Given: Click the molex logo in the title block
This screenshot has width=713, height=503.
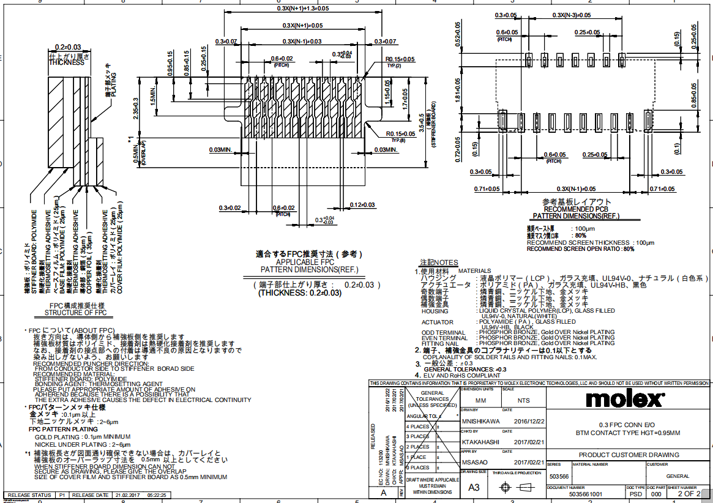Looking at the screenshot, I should [x=625, y=400].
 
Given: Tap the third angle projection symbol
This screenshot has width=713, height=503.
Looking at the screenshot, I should [x=515, y=488].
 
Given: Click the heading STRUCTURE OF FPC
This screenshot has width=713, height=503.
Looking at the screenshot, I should [x=76, y=313].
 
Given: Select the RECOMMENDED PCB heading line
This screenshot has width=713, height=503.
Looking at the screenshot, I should [x=575, y=209].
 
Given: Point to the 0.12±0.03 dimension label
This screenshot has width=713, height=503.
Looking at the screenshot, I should [x=362, y=204].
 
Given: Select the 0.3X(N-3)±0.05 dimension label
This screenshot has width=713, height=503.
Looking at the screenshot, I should [x=572, y=15].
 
